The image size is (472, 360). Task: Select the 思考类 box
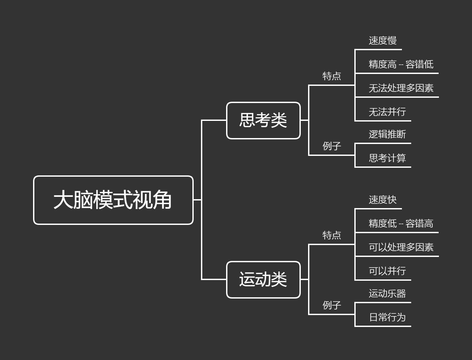click(263, 121)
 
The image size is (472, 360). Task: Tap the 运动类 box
click(263, 280)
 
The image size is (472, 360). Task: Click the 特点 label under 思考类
click(332, 76)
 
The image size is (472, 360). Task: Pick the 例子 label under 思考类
click(332, 146)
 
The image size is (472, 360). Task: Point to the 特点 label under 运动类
click(332, 235)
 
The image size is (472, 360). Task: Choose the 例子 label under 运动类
click(332, 305)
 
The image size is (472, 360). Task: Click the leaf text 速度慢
click(382, 41)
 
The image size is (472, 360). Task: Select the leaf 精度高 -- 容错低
click(401, 64)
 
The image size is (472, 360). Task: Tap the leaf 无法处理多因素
click(401, 88)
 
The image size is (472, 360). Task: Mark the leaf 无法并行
click(387, 112)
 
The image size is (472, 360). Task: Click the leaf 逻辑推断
click(387, 134)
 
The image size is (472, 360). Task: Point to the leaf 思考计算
click(387, 158)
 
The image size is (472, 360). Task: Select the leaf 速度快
click(382, 200)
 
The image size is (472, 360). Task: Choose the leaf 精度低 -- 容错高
click(401, 224)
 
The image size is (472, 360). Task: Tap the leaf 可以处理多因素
click(401, 247)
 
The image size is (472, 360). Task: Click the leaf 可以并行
click(387, 271)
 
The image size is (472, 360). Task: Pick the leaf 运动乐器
click(387, 294)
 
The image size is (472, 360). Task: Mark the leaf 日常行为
click(387, 317)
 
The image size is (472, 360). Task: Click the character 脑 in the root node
click(83, 200)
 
